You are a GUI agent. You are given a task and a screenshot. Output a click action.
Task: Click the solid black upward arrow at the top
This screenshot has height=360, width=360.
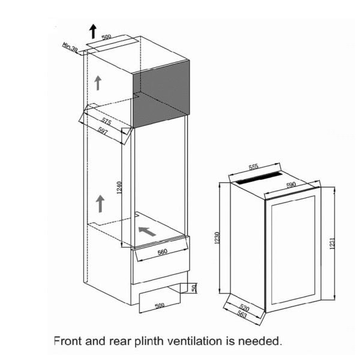pos(93,31)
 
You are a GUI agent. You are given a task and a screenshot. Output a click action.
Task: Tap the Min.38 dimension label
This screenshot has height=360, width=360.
pos(70,47)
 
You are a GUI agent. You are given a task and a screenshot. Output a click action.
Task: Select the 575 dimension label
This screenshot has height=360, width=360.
pos(106,121)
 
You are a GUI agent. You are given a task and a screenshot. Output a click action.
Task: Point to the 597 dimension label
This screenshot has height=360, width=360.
pos(103,131)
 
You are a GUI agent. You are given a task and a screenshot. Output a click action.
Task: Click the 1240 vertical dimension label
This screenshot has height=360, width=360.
pos(119,188)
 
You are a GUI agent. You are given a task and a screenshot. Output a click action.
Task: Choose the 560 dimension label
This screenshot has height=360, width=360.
pos(163,252)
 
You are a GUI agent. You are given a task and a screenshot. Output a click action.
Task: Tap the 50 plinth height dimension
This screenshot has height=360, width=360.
pos(194,287)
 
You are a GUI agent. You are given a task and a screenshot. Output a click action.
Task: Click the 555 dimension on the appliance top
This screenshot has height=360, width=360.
pos(253,167)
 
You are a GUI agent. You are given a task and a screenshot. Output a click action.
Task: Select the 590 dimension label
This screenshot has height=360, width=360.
pos(291,185)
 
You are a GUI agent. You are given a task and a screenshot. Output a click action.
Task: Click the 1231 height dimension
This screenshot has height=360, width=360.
pos(332,244)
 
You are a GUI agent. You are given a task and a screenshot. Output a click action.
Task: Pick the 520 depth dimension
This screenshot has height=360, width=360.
pos(244,307)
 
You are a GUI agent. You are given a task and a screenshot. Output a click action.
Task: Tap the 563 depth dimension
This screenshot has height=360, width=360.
pos(242,314)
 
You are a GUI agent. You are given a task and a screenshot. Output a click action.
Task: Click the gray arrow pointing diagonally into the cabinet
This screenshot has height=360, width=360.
pos(147,231)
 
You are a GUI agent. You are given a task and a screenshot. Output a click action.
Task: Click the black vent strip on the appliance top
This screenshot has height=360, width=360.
pos(259,178)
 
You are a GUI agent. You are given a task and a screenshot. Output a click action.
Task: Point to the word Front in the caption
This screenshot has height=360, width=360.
pos(68,341)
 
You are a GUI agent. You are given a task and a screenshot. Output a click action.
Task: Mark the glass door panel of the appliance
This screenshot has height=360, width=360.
pos(293,250)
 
